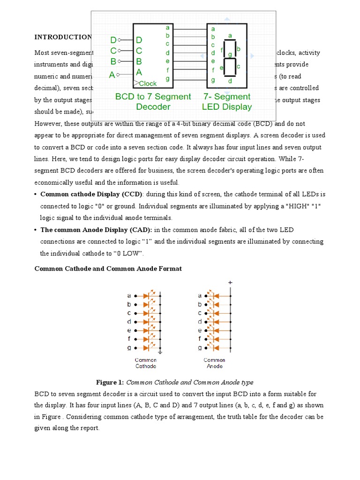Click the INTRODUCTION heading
click(63, 37)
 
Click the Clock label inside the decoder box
click(147, 83)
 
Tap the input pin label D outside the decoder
click(113, 40)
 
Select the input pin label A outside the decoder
click(112, 75)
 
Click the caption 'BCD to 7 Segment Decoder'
click(153, 101)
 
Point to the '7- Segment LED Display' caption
click(227, 101)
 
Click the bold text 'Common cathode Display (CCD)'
click(91, 194)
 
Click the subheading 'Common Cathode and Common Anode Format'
click(108, 269)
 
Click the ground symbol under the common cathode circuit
click(160, 351)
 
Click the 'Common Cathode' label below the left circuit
click(146, 363)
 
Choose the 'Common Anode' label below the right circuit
click(214, 363)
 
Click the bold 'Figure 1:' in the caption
click(110, 382)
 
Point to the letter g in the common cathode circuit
click(129, 348)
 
